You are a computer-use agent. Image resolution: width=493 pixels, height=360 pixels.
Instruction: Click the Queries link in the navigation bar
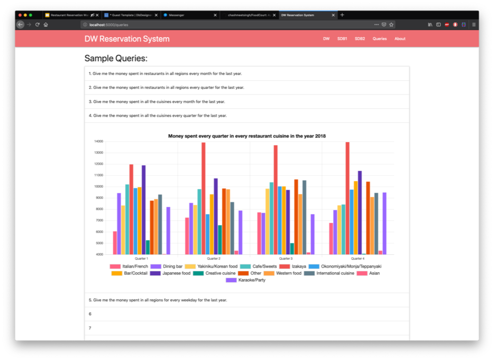379,39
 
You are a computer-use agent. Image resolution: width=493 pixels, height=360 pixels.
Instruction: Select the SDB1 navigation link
342,39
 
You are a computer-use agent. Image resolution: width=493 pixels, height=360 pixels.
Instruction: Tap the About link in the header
400,39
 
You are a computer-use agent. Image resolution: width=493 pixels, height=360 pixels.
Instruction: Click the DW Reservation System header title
127,39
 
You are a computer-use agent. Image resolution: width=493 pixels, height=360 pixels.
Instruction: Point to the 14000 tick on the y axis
98,142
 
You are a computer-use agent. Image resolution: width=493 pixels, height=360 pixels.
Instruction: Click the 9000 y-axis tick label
99,198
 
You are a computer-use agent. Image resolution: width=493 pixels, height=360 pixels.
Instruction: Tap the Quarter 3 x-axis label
285,259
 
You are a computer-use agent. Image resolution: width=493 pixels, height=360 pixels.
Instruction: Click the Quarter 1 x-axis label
141,259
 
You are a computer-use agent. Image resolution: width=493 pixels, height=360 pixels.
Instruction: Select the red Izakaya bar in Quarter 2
204,199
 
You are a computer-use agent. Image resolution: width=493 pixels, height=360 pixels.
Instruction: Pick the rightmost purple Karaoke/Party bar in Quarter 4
384,223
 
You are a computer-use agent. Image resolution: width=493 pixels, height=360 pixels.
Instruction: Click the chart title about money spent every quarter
247,136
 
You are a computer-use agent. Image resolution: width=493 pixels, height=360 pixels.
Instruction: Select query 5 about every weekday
157,300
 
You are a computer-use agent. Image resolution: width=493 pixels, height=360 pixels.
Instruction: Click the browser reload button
37,24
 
